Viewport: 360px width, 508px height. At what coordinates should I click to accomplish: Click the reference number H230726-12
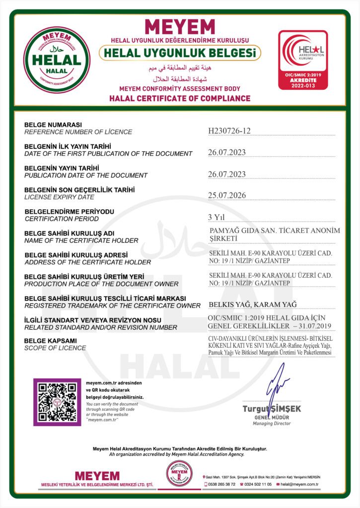pyautogui.click(x=229, y=130)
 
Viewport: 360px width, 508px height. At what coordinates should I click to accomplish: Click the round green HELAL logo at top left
pyautogui.click(x=57, y=59)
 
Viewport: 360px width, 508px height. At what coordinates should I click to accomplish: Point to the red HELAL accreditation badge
pyautogui.click(x=302, y=59)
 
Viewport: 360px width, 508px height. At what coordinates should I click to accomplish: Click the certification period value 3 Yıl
pyautogui.click(x=216, y=217)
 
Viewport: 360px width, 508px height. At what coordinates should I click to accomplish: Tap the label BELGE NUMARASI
pyautogui.click(x=53, y=124)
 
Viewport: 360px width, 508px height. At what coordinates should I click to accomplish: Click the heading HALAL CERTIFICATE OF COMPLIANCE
pyautogui.click(x=180, y=98)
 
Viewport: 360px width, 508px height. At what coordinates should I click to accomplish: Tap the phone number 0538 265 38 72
pyautogui.click(x=222, y=484)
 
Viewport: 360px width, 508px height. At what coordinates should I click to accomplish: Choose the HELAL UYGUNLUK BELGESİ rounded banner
pyautogui.click(x=180, y=52)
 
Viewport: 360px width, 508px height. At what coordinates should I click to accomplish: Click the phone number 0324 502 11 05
pyautogui.click(x=258, y=484)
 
